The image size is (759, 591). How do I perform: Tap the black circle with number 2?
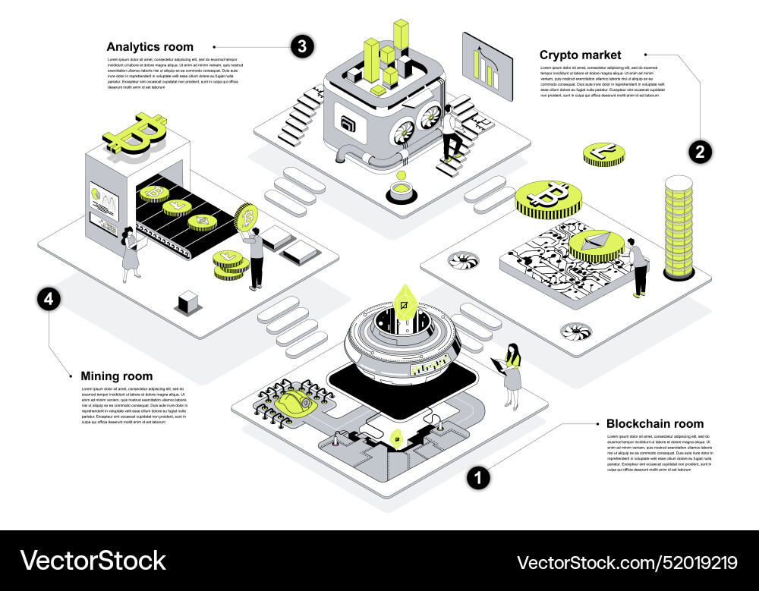point(700,152)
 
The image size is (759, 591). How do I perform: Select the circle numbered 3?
point(302,46)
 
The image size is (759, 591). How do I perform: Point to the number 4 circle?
point(49,299)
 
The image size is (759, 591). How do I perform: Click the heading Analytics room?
point(150,47)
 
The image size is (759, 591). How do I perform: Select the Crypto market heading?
point(580,55)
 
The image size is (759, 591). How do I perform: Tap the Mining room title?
point(116,376)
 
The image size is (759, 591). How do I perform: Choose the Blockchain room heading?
point(654,423)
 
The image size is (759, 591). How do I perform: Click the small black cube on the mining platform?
point(187,303)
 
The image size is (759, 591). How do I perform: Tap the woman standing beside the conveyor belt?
point(131,253)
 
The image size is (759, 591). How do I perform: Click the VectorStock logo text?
point(93,561)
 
